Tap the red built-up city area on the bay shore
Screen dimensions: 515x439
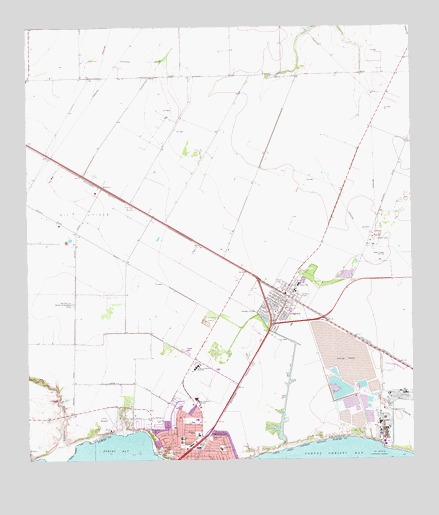pos(185,439)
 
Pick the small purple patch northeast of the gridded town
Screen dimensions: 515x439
pos(348,270)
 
